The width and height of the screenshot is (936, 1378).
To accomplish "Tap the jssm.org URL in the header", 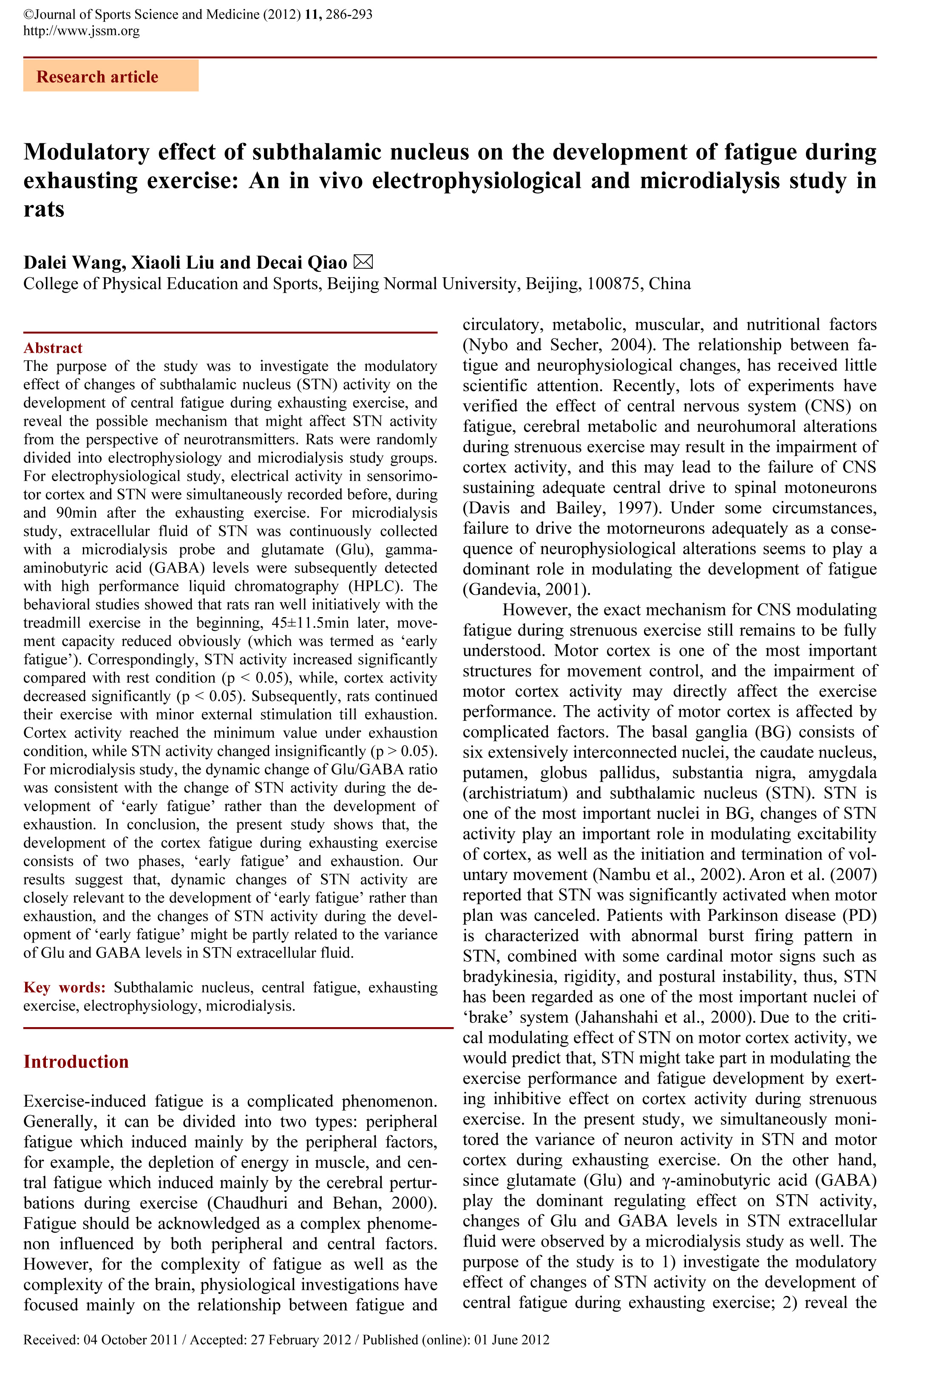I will [81, 31].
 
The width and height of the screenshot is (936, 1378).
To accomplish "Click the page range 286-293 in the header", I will [349, 14].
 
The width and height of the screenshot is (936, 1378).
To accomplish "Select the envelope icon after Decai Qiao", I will [363, 262].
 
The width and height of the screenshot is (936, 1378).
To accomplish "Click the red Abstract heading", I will [53, 348].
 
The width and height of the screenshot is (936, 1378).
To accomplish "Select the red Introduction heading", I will [76, 1062].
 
